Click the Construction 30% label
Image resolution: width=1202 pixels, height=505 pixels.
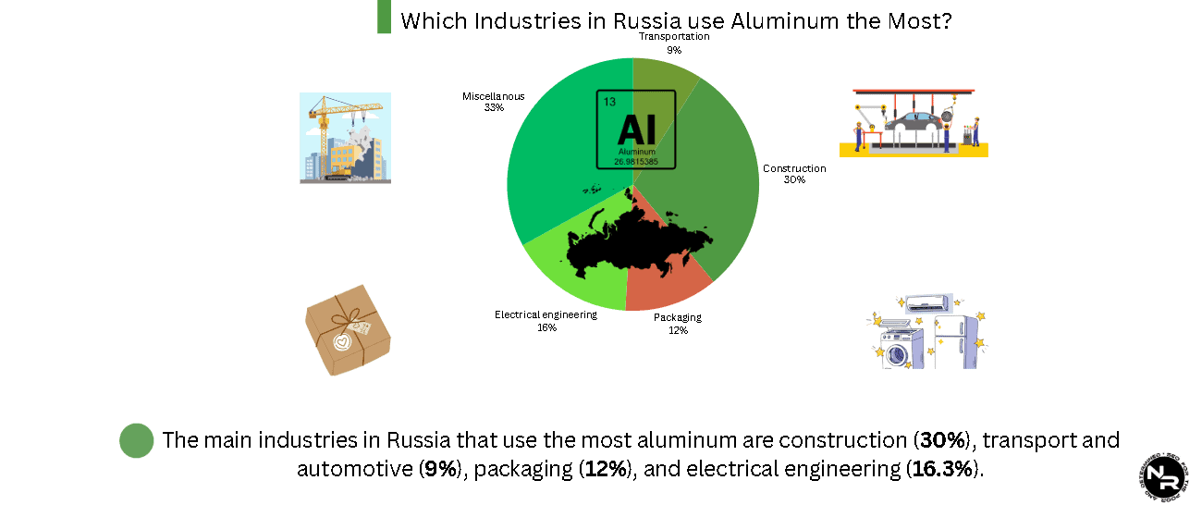[793, 174]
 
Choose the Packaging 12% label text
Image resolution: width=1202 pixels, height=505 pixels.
[677, 324]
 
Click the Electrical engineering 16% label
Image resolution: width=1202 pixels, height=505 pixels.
[546, 321]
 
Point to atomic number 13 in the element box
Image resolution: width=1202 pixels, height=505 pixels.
[608, 102]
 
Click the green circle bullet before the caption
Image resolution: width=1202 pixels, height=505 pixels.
[136, 440]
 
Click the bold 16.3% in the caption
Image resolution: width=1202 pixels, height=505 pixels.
[942, 469]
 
